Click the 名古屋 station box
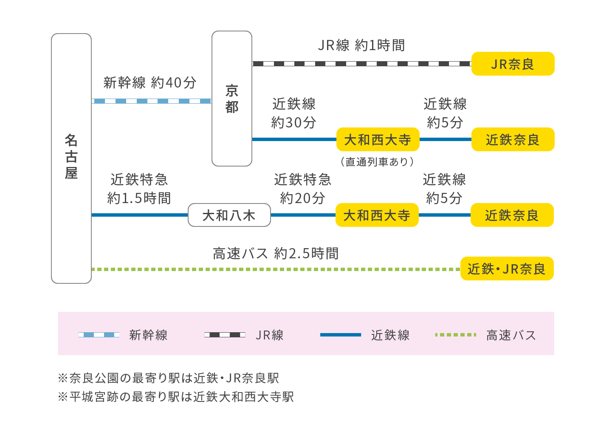71,158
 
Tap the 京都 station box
232,99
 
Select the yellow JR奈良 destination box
513,64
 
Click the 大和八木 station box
229,215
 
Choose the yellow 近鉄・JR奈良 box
507,269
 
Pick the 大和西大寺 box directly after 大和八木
377,215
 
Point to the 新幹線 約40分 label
150,82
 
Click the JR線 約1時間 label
361,45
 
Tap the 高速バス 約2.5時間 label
276,254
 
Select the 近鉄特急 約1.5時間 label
139,189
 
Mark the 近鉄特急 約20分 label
302,189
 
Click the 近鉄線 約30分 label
294,113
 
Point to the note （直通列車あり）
377,162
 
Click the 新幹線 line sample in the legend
99,335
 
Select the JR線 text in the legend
269,335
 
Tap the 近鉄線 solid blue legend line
340,335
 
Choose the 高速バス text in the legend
511,335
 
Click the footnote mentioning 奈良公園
169,378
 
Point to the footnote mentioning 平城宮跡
176,397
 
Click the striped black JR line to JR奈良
361,64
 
